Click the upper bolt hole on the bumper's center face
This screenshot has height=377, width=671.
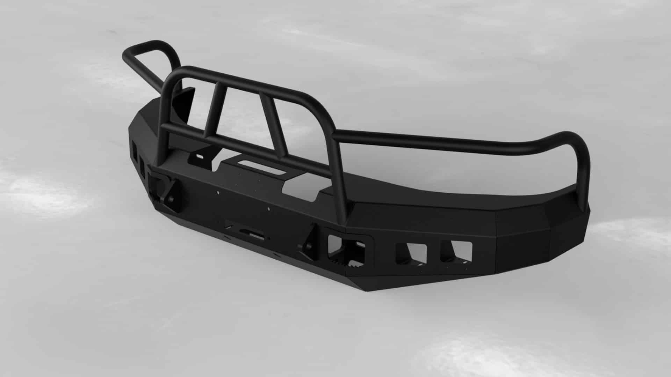218,192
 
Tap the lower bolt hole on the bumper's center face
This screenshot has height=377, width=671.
268,209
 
